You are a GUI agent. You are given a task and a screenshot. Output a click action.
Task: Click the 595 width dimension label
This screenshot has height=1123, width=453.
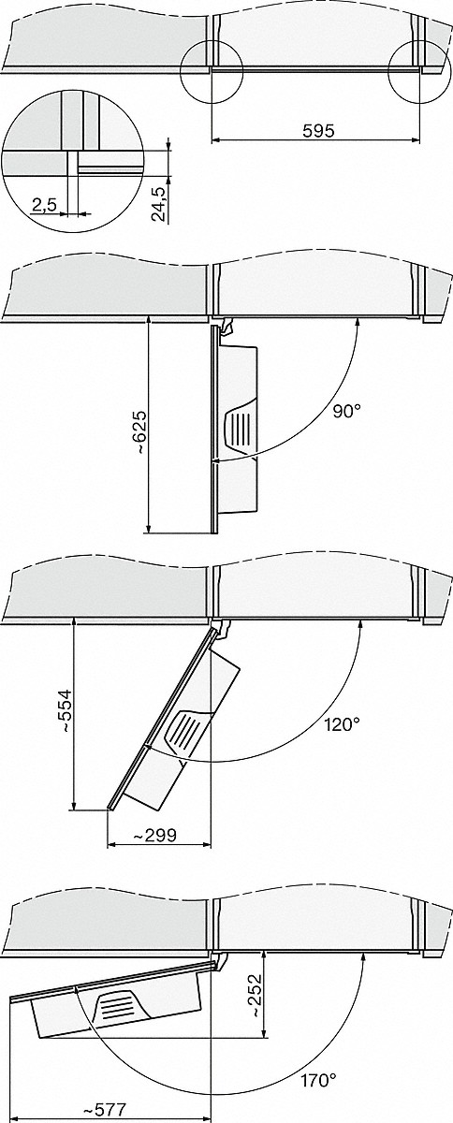point(318,131)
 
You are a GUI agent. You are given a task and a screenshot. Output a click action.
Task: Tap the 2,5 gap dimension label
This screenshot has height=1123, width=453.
point(44,205)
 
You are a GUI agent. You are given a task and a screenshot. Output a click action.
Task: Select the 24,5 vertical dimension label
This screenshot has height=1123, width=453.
point(159,202)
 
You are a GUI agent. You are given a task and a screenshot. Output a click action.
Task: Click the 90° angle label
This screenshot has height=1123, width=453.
point(346,412)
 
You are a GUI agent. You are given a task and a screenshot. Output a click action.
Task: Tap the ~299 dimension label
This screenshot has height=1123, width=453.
point(154,835)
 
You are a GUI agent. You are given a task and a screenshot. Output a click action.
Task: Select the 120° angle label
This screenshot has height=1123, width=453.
point(342,724)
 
